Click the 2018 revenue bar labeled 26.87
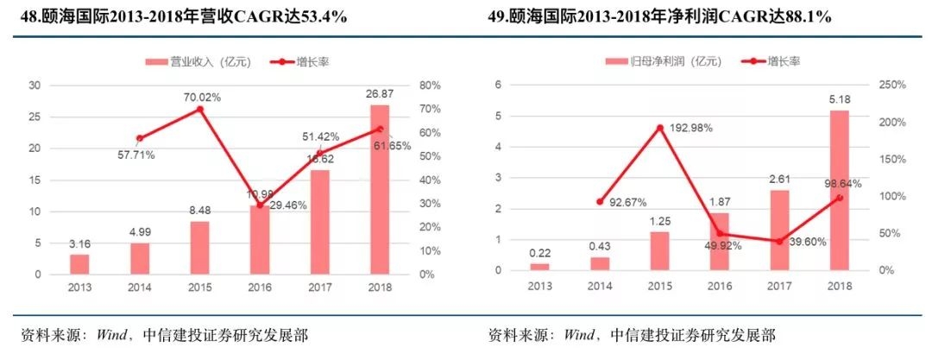(380, 190)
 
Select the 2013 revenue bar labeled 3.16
(79, 264)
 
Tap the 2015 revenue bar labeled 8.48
(199, 248)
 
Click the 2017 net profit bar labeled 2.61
(779, 230)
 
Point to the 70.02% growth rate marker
(199, 109)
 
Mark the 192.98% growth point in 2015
(660, 128)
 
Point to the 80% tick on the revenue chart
(429, 85)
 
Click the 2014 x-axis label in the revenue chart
(139, 287)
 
